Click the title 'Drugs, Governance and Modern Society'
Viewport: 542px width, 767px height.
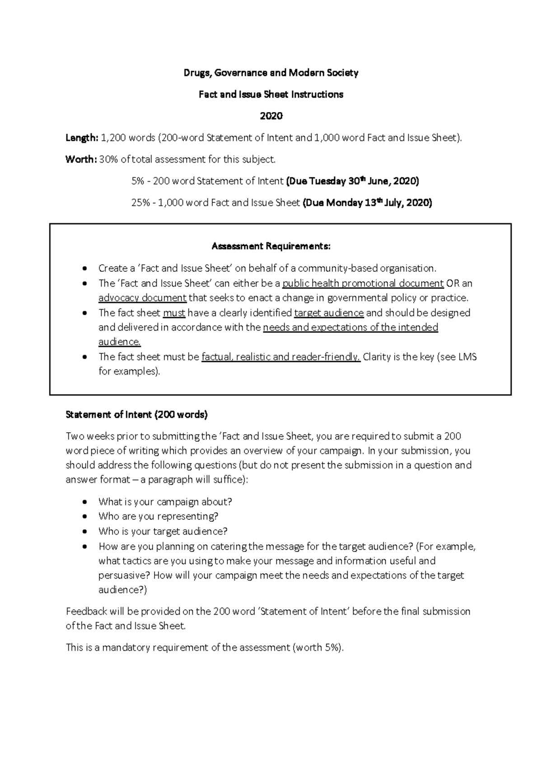[x=271, y=73]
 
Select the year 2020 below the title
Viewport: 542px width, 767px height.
[x=271, y=116]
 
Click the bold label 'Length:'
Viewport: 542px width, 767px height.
[x=82, y=138]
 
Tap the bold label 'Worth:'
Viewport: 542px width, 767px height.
[x=81, y=159]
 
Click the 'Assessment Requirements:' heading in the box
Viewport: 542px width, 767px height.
[x=271, y=246]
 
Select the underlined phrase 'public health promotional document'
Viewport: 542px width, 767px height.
[x=363, y=284]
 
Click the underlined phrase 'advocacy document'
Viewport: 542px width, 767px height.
[x=142, y=298]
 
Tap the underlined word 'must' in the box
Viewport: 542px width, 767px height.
[x=174, y=313]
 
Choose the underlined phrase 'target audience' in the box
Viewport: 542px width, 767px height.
[x=329, y=313]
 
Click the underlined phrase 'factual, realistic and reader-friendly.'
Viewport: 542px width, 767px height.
[x=281, y=357]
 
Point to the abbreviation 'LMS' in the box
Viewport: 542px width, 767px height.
[x=468, y=357]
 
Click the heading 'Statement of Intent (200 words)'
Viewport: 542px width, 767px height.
[x=136, y=415]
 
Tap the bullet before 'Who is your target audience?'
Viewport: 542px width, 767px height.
[x=84, y=532]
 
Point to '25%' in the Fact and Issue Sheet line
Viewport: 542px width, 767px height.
[x=140, y=203]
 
